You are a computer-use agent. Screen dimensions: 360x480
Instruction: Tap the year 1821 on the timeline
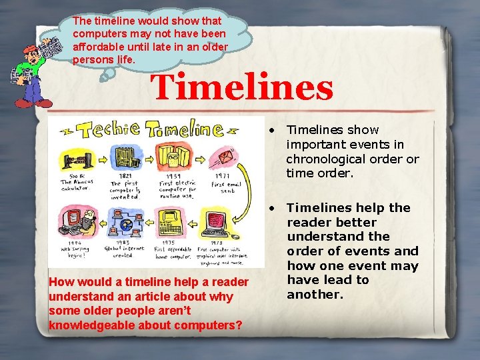[x=120, y=175]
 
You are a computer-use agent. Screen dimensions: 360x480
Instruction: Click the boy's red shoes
[x=33, y=102]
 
